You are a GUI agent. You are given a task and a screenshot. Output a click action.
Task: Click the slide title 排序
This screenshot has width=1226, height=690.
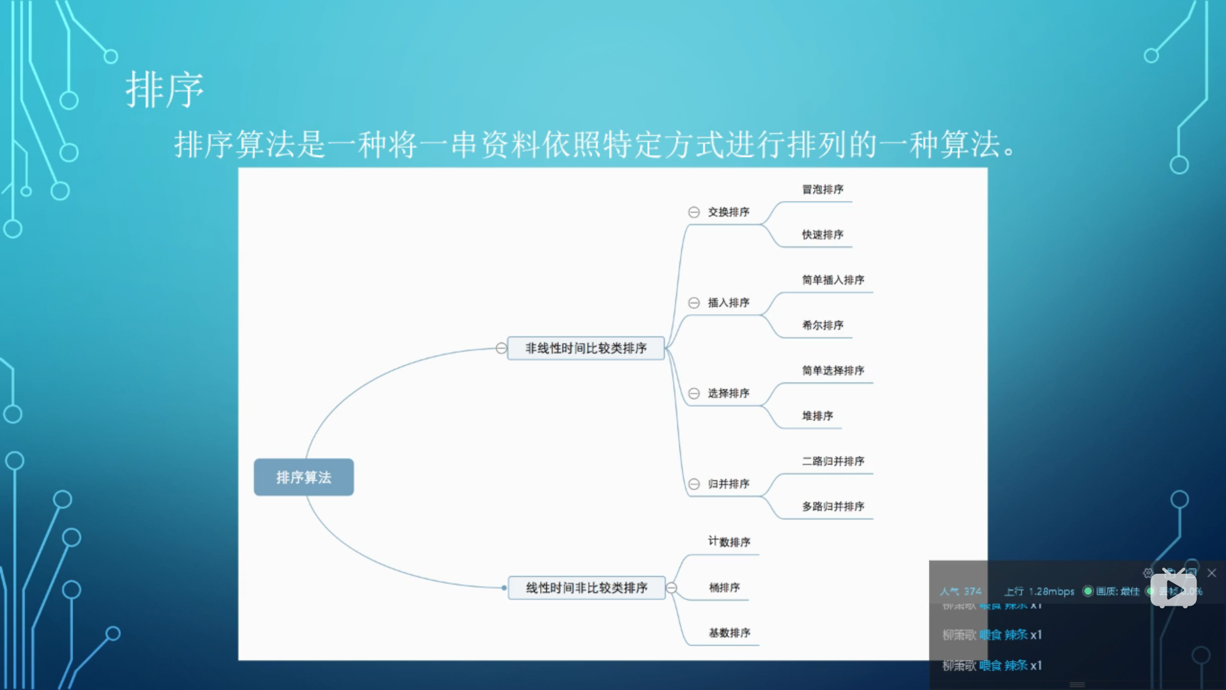tap(165, 90)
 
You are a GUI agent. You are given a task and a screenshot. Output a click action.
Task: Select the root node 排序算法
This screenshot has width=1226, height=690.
tap(304, 477)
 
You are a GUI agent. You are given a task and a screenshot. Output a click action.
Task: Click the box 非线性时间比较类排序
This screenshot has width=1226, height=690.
tap(586, 348)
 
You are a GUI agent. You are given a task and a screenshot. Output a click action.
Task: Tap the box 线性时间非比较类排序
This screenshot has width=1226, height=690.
tap(586, 588)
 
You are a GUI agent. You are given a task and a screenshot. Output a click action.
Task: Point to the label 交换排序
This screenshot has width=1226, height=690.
tap(729, 212)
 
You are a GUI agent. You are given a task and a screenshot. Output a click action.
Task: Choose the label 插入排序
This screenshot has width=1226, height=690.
tap(729, 303)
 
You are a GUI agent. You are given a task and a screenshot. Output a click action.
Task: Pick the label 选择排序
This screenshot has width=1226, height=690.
tap(729, 394)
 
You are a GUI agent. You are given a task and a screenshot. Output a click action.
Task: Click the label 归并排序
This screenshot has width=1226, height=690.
tap(729, 484)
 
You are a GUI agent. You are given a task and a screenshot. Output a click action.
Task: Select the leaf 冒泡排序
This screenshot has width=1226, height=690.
tap(822, 190)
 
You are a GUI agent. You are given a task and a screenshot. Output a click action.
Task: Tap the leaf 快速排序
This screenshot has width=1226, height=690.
tap(822, 235)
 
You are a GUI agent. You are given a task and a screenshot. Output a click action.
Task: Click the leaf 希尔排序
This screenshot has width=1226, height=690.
tap(822, 326)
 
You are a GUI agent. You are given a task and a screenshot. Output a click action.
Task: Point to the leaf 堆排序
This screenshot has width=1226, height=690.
tap(817, 417)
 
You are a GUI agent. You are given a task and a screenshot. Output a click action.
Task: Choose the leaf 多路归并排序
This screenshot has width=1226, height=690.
tap(833, 507)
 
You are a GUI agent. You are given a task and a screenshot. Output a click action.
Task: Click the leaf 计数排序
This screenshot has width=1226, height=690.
tap(729, 542)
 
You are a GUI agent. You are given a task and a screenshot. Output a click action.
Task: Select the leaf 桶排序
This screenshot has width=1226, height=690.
tap(724, 588)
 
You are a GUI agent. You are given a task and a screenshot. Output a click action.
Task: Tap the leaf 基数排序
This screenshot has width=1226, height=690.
tap(729, 633)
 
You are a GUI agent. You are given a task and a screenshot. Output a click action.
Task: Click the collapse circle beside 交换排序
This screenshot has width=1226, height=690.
tap(694, 212)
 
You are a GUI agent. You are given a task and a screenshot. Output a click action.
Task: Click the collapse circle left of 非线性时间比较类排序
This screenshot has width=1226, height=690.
tap(501, 348)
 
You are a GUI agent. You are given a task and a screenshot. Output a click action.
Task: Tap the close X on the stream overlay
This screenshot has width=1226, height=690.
tap(1211, 573)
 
